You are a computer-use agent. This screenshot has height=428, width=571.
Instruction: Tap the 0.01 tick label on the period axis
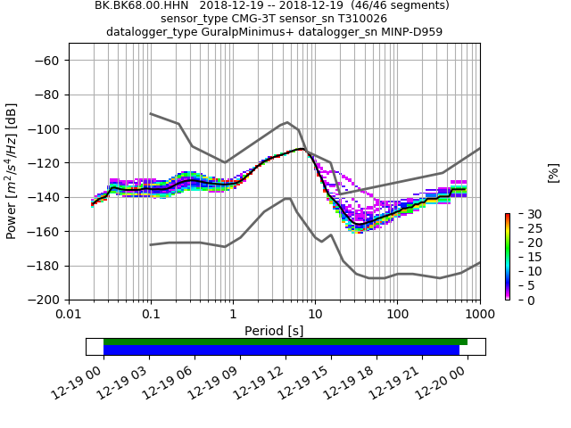coord(69,315)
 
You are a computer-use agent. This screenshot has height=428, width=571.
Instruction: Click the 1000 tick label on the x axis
coord(479,315)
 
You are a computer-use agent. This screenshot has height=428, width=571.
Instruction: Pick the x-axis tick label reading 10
coord(315,315)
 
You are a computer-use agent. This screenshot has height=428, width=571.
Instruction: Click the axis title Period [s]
coord(274,331)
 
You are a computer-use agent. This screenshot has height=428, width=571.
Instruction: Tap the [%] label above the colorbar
coord(553,172)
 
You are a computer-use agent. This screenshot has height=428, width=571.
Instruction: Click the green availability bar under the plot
coord(285,342)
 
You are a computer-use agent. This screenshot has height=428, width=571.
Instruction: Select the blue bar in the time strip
coord(281,350)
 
